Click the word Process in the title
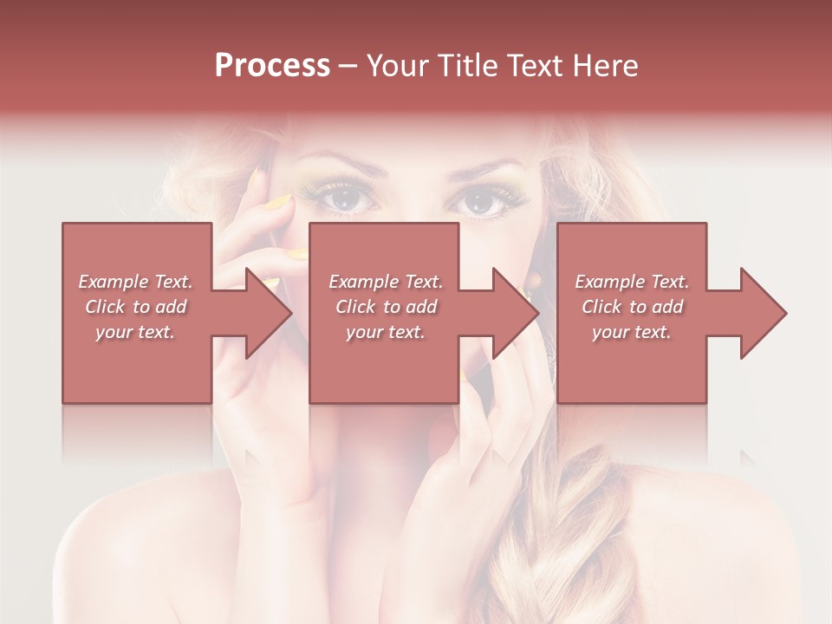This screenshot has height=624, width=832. (272, 66)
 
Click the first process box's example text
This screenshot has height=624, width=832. (136, 306)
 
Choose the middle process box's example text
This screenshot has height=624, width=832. (385, 306)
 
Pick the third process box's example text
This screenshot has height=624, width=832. (632, 306)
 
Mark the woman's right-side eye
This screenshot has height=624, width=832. (483, 205)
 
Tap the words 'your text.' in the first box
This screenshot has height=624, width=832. (136, 331)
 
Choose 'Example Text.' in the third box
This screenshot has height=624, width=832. (632, 282)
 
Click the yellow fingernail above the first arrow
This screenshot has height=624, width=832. (277, 205)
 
